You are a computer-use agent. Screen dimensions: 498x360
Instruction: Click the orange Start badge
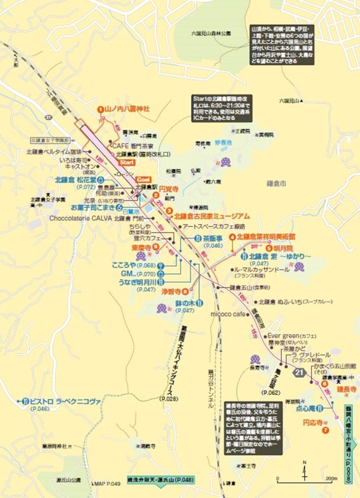point(126,163)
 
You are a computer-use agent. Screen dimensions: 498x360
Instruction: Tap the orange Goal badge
point(144,179)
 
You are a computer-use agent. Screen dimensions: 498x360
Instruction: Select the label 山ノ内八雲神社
point(127,109)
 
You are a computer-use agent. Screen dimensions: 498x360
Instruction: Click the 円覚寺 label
point(168,190)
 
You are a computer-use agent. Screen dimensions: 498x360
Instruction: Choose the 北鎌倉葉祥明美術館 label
point(265,237)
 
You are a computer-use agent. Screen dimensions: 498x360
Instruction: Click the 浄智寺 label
point(170,291)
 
